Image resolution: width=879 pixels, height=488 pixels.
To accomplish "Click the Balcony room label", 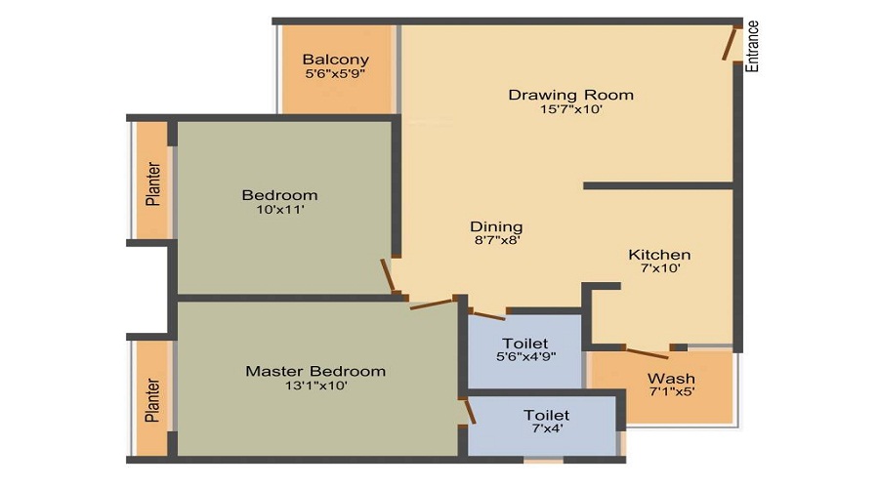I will [335, 59].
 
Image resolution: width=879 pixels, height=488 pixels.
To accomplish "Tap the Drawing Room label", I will [570, 95].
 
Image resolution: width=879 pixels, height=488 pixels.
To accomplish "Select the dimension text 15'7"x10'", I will [570, 110].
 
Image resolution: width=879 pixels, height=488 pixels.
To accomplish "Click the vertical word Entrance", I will [752, 46].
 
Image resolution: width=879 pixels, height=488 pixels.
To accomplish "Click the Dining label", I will [496, 226].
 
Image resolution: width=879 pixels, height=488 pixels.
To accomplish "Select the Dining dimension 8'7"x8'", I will [496, 241].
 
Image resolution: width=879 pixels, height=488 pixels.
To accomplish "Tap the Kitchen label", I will [659, 255].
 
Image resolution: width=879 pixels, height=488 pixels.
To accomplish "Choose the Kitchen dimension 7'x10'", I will [659, 269].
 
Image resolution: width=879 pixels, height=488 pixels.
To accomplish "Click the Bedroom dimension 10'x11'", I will [279, 209].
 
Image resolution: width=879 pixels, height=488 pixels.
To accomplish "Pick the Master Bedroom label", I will [315, 371].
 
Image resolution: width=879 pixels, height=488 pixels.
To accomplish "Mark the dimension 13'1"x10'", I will [315, 386].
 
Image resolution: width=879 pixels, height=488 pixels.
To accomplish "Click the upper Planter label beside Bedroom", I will [152, 183].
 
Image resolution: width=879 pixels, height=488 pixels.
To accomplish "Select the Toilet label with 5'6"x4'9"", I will [525, 343].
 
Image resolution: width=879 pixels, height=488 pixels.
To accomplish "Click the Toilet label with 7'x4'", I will [546, 415].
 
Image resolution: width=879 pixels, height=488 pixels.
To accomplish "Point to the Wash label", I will [672, 379].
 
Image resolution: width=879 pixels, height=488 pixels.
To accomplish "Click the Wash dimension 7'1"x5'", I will [672, 394].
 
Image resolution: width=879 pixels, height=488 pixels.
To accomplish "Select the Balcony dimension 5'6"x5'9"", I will [335, 73].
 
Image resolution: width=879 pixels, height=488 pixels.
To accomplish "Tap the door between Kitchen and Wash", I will [646, 352].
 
